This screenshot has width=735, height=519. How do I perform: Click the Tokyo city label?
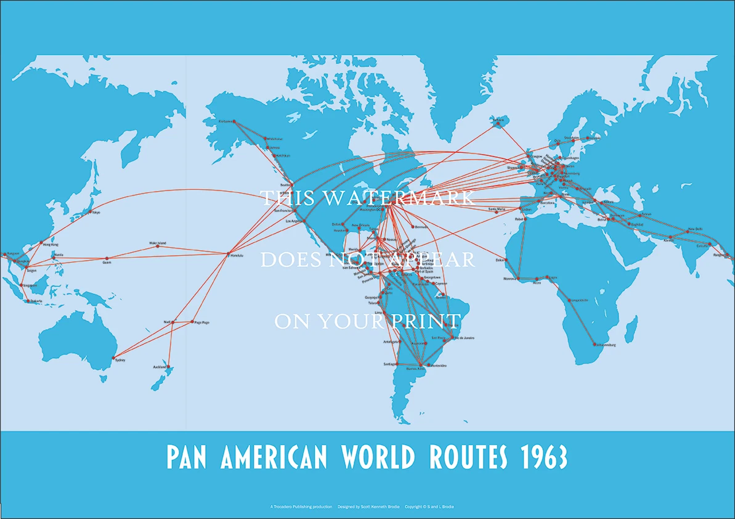coord(96,212)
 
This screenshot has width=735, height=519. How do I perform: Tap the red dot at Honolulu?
coord(229,254)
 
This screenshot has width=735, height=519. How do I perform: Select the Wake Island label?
coord(158,243)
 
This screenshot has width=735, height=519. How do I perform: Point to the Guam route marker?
coord(107,258)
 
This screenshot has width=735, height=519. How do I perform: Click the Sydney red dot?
coord(115,359)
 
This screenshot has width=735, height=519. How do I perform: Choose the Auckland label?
coord(160,367)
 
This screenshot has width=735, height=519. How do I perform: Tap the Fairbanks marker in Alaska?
coord(234,121)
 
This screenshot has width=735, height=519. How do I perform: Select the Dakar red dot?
coord(505,261)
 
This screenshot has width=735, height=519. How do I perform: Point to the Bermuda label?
coord(421,227)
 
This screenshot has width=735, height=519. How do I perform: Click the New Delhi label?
coord(695,229)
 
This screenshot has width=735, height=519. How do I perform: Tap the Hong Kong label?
coord(51,245)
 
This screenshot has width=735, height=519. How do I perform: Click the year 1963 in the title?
coord(542,457)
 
